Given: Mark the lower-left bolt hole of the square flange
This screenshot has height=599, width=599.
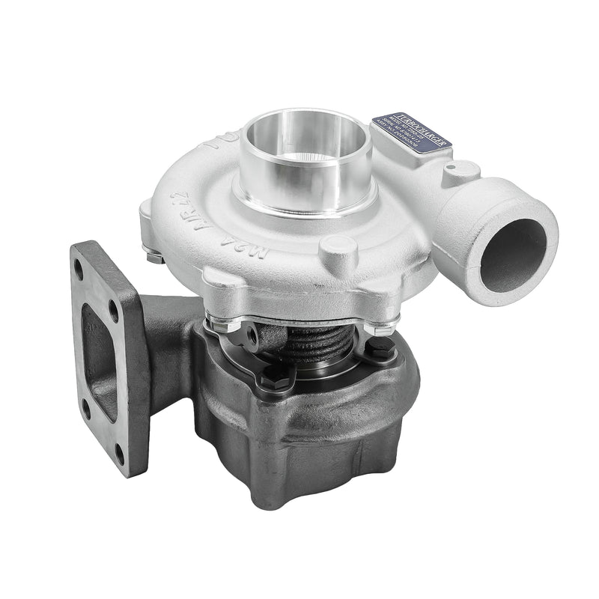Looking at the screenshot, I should [x=88, y=407].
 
